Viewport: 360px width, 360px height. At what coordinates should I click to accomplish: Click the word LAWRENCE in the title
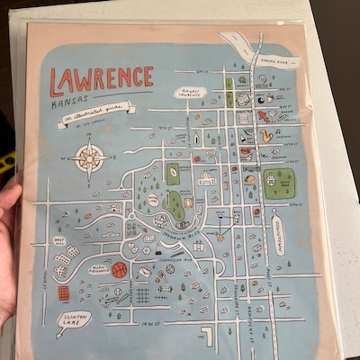[x=101, y=81]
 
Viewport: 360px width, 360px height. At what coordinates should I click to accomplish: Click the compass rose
[x=90, y=160]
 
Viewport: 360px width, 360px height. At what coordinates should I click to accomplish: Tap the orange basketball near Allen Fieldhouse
[x=119, y=269]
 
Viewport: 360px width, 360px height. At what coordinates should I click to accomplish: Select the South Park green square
[x=278, y=184]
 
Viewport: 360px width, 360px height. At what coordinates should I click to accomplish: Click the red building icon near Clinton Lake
[x=64, y=293]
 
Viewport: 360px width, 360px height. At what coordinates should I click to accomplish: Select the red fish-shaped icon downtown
[x=263, y=116]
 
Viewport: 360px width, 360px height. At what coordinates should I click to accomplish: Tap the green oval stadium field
[x=174, y=206]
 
